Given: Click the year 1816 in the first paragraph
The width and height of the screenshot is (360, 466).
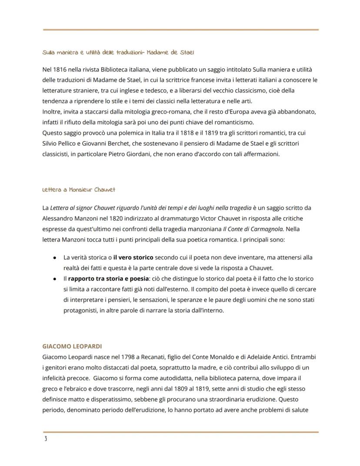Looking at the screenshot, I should click(x=58, y=70).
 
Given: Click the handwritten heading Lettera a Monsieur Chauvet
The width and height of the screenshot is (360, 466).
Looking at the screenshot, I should click(x=79, y=190).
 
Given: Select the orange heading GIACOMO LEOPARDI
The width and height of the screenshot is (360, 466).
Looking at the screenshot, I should click(x=72, y=346).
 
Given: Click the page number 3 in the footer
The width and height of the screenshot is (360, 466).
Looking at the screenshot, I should click(x=45, y=439).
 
